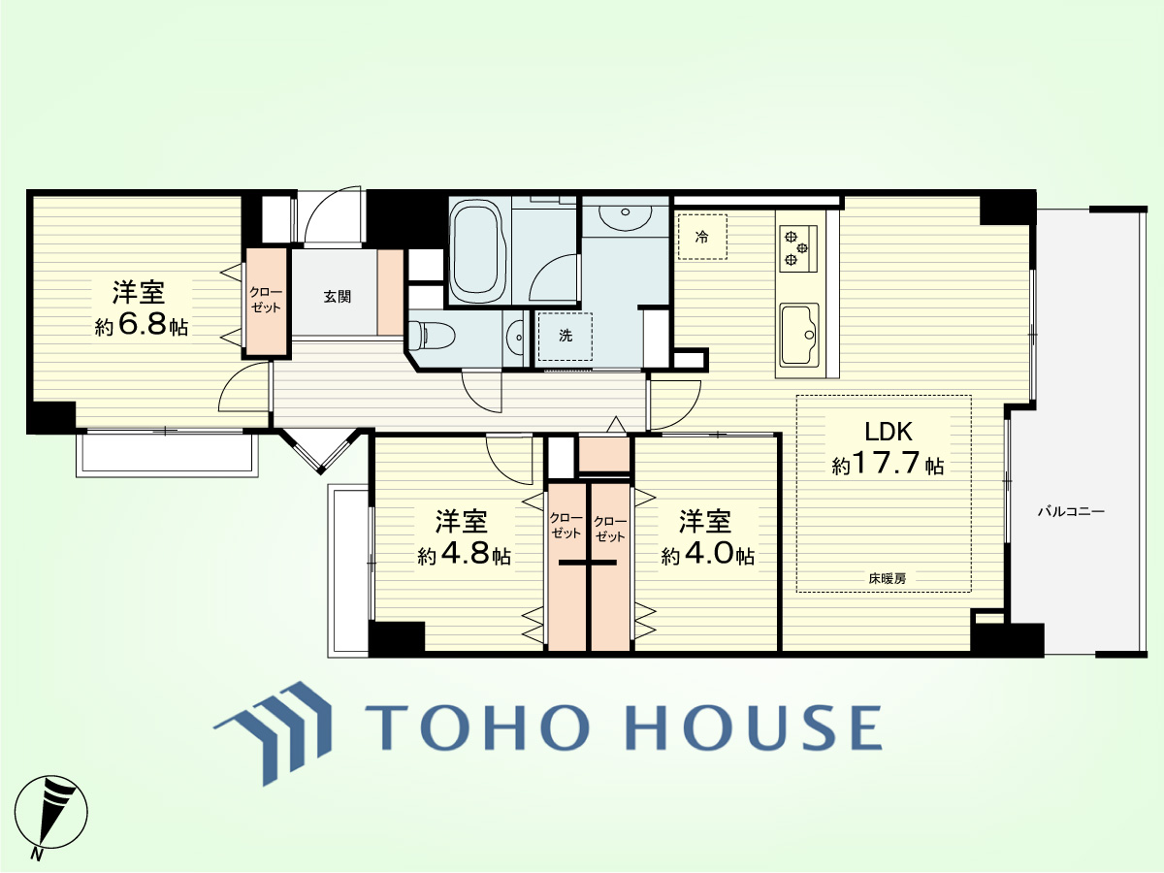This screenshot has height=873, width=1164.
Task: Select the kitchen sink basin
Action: pos(799,335)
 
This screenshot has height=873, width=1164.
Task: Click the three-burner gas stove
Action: pos(798,248)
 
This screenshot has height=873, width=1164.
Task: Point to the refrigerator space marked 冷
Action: pos(702,237)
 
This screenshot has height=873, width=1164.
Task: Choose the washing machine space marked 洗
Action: pos(566,336)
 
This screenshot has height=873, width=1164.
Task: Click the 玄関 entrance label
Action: pos(338,296)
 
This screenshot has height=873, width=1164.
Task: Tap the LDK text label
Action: pos(889,432)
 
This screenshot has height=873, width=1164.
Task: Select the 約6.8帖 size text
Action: pos(141,324)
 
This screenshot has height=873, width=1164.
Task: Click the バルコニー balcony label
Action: pos(1071,511)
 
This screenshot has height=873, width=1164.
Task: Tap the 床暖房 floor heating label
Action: pos(888,579)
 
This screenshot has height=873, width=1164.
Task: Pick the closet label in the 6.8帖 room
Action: pos(266,300)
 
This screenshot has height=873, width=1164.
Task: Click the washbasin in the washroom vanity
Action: pos(626,216)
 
